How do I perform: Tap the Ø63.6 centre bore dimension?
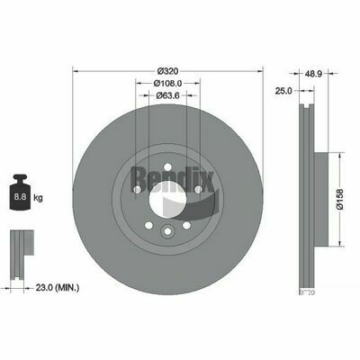(168, 94)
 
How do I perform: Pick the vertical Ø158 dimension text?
(343, 198)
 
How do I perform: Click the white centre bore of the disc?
(167, 205)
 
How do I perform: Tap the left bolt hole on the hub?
(135, 190)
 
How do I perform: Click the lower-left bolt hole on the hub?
(148, 224)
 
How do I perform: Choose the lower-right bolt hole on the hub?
(187, 224)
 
